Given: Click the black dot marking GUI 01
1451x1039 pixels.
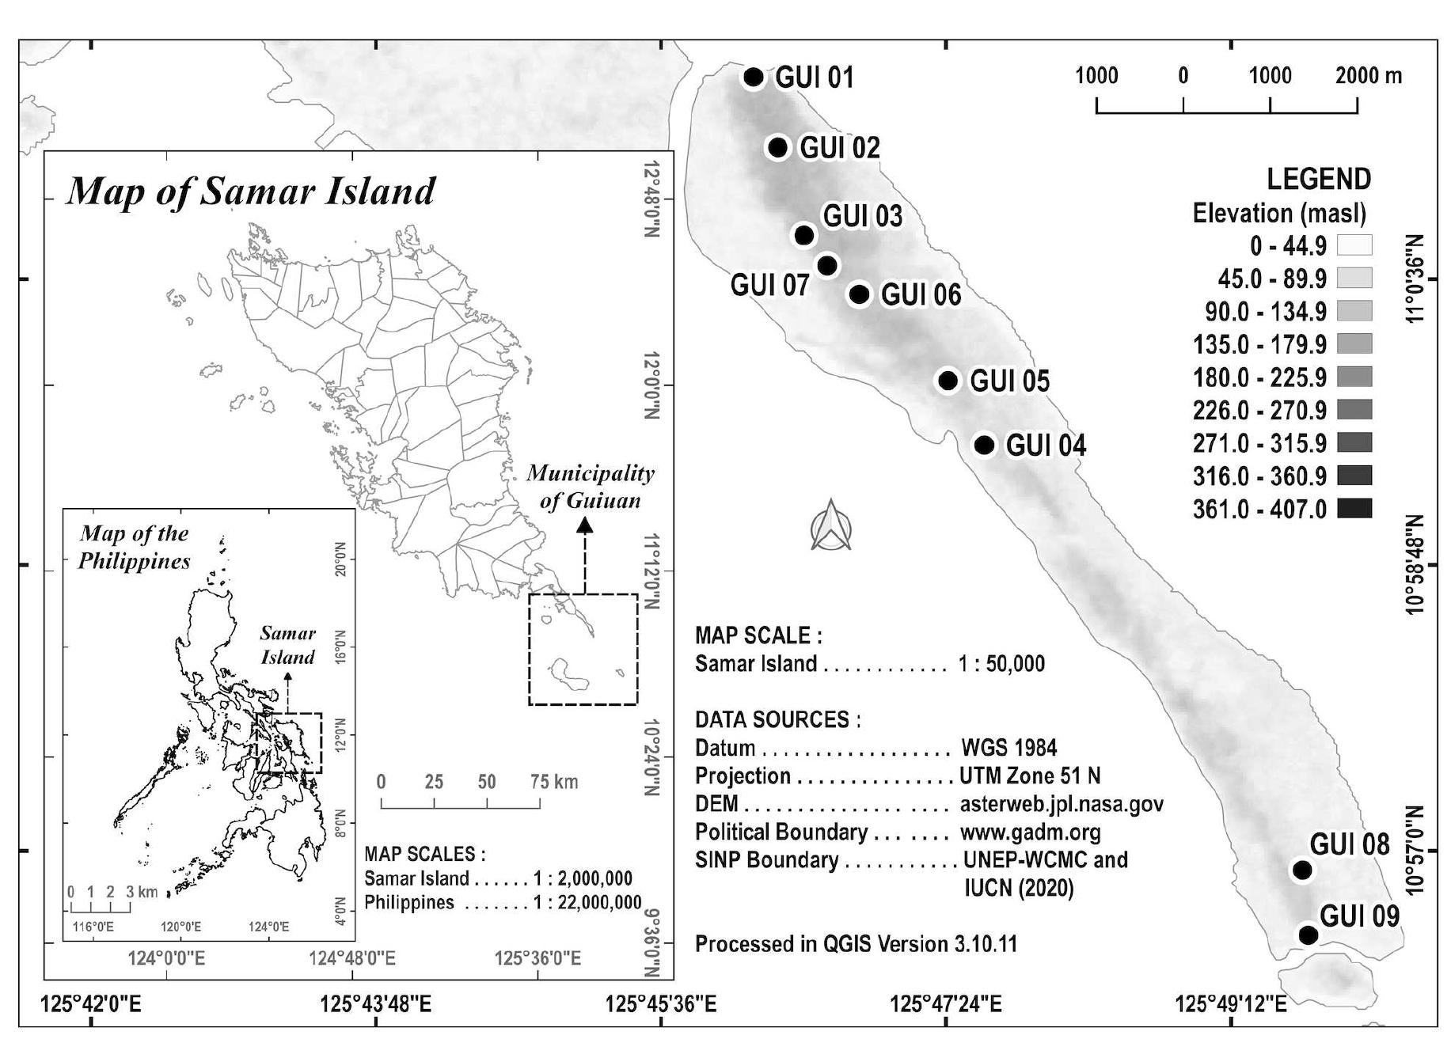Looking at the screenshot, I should tap(754, 77).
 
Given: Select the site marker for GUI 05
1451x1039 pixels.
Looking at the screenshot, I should tap(948, 380).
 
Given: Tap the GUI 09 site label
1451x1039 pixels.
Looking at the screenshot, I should tap(1359, 916).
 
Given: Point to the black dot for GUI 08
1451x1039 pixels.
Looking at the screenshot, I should tap(1302, 870).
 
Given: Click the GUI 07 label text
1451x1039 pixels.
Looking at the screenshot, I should tap(769, 285).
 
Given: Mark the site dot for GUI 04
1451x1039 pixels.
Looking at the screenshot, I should tap(984, 445).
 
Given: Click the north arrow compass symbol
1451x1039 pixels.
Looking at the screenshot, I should tap(831, 525).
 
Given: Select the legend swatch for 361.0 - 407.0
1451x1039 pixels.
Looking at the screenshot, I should tap(1354, 508).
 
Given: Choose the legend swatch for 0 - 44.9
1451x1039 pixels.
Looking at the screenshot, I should tap(1354, 245).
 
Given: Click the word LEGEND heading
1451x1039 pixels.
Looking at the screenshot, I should tap(1319, 180).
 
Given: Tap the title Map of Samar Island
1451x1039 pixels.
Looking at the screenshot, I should tap(251, 191).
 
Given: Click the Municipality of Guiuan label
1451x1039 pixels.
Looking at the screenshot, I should tap(591, 487).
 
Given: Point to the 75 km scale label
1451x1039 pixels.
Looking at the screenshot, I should tap(554, 782).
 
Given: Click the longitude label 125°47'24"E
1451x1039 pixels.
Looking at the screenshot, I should tap(946, 1004).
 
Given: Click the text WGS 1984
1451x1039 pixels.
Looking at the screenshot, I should tap(1008, 748).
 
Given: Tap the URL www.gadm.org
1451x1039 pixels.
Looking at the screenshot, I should tap(1030, 832).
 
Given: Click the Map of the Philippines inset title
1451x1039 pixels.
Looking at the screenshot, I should tap(135, 547).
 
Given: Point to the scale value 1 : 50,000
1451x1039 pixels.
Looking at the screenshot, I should tap(1001, 663).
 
